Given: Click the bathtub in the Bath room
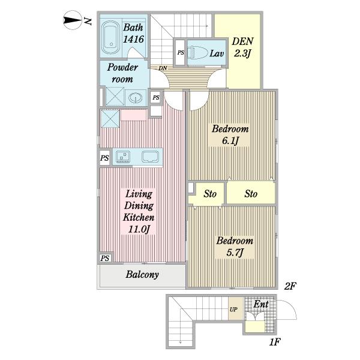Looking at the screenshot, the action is [x=110, y=37].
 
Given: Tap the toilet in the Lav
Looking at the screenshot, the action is [x=197, y=53].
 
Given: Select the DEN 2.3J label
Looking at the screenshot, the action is [x=242, y=47].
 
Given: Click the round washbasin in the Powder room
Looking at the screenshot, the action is [x=135, y=98].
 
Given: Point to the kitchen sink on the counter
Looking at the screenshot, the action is [x=123, y=156].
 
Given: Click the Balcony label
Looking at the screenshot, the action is [x=142, y=274].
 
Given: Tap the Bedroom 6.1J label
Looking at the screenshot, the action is [x=230, y=134].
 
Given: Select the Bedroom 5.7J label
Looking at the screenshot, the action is [x=235, y=247].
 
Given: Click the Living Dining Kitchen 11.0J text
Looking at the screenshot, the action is [x=139, y=211].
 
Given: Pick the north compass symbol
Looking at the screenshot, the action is [x=73, y=20].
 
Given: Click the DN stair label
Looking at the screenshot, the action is [x=163, y=68].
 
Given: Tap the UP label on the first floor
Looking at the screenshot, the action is [x=233, y=310].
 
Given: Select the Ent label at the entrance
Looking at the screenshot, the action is [x=261, y=304].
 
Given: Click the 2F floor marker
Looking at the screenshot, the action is [x=290, y=286].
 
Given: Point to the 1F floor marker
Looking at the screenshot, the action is [x=275, y=342].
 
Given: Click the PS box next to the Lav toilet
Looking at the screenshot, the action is [x=181, y=53].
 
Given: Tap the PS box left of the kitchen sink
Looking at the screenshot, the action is [x=104, y=158].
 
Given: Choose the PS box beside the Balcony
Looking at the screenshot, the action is [x=105, y=258].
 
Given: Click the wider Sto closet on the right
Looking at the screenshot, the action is [x=251, y=193].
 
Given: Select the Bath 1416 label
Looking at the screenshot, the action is [x=133, y=33].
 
